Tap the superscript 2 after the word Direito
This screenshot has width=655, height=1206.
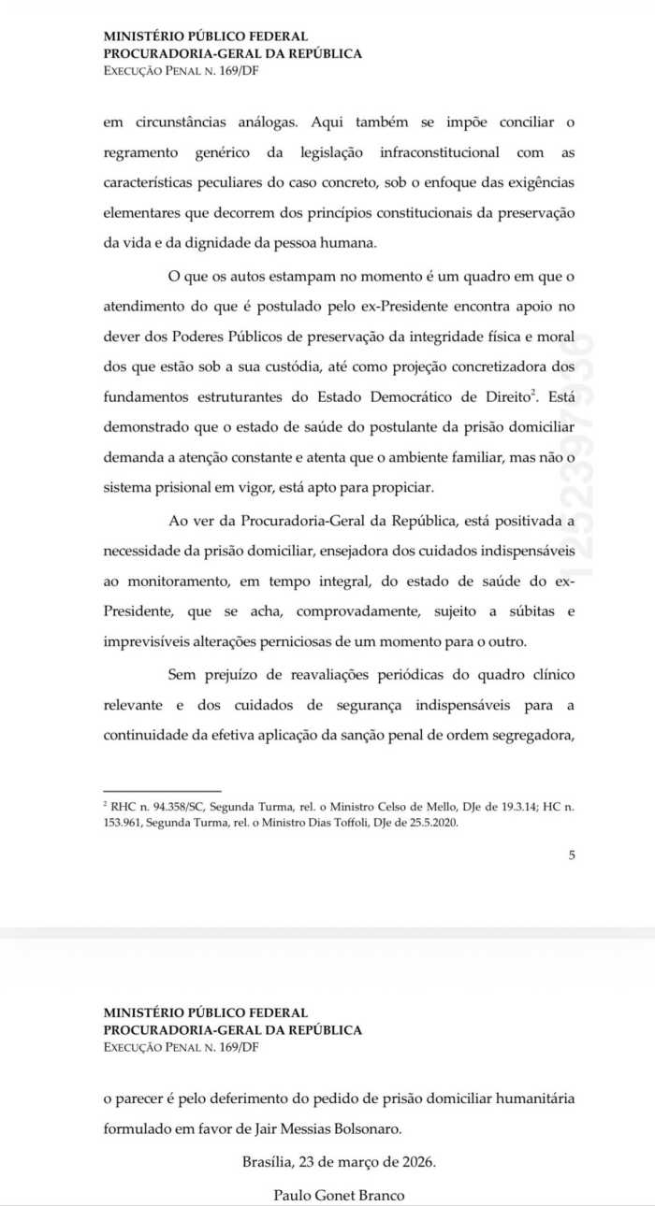click(535, 392)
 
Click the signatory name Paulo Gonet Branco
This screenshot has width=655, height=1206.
click(339, 1195)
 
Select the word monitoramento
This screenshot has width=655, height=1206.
click(171, 581)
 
